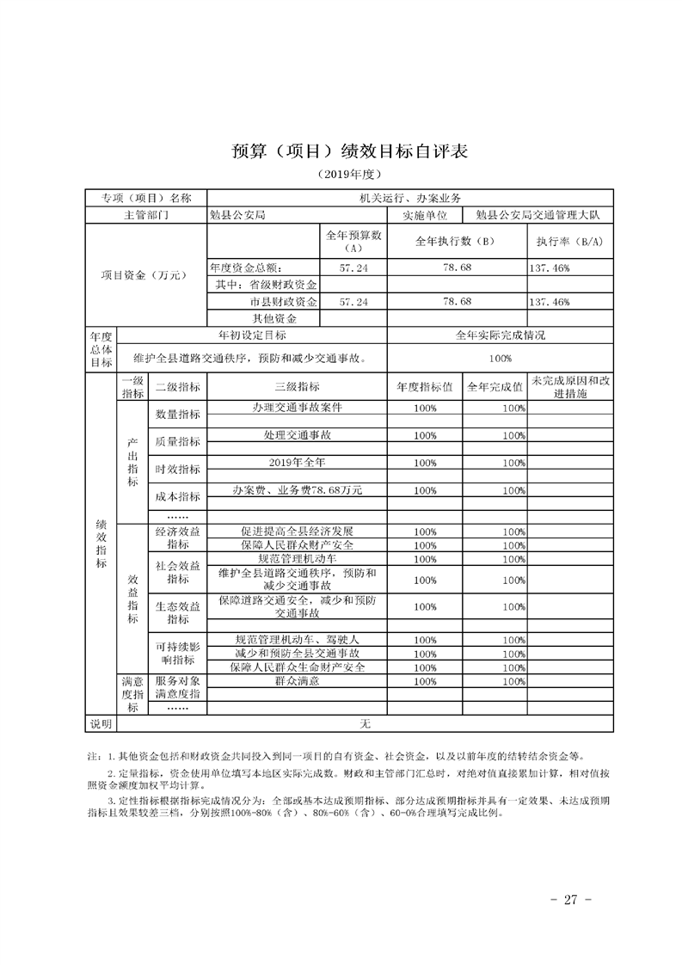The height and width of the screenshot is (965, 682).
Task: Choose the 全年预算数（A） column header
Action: [x=353, y=241]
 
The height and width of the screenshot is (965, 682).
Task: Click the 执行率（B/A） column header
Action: [x=568, y=242]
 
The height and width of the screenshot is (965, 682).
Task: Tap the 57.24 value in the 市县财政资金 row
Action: [x=353, y=302]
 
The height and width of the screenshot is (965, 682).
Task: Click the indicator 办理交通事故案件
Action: [x=297, y=408]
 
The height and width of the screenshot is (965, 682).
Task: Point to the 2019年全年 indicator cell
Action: [x=297, y=462]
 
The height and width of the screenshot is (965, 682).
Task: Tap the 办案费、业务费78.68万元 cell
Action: [x=297, y=489]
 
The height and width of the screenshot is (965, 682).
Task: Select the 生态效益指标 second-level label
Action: [x=178, y=612]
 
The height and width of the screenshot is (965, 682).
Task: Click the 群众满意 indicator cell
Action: [x=297, y=680]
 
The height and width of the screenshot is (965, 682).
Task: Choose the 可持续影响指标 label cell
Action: [x=178, y=652]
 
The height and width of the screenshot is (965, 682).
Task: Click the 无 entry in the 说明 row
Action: [x=365, y=724]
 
